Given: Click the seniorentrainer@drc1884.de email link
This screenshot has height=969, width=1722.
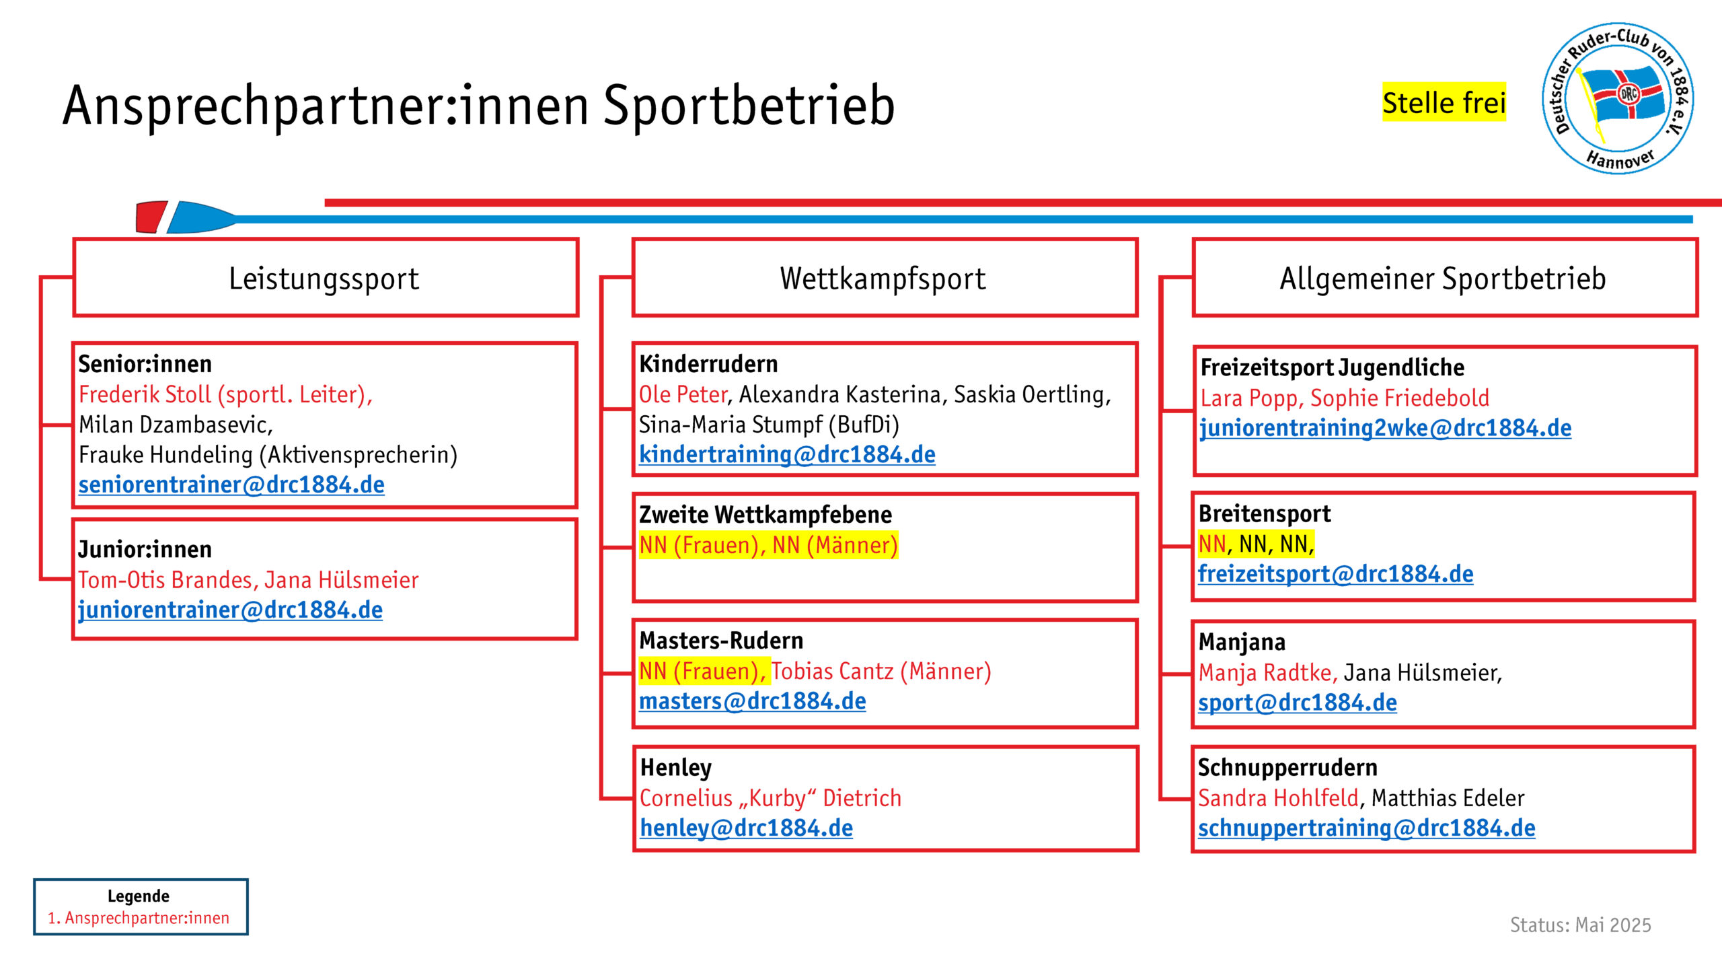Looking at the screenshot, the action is point(231,485).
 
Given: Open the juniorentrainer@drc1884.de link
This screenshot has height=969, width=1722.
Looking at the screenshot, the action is point(230,610).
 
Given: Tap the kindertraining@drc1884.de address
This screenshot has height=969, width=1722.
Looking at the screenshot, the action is point(787,455).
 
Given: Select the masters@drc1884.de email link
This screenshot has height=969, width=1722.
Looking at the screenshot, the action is point(752,701).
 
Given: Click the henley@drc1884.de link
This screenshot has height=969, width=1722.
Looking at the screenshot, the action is point(746,828).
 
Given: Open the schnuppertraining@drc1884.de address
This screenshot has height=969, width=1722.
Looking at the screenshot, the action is point(1366,828).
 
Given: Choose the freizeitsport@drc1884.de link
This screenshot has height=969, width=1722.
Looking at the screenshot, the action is point(1335,574).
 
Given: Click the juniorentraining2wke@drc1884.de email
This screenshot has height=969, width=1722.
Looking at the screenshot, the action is point(1386,429).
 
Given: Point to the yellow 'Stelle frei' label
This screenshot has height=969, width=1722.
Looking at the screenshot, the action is point(1444,102).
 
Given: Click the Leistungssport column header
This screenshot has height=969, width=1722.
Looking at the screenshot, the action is point(326,277).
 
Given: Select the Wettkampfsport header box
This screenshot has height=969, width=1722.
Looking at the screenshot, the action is point(885,277).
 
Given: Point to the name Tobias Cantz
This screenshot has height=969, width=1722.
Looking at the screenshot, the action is point(832,671).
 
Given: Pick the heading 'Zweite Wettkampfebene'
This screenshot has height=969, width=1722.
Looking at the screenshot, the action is point(765,515).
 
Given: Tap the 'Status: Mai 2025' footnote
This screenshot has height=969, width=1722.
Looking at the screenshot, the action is point(1581,925).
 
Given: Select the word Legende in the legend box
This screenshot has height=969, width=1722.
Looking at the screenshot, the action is point(139,896).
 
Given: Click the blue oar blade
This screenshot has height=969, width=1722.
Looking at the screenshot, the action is point(201,217).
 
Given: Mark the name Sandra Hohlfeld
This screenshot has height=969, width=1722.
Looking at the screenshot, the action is point(1279,798).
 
